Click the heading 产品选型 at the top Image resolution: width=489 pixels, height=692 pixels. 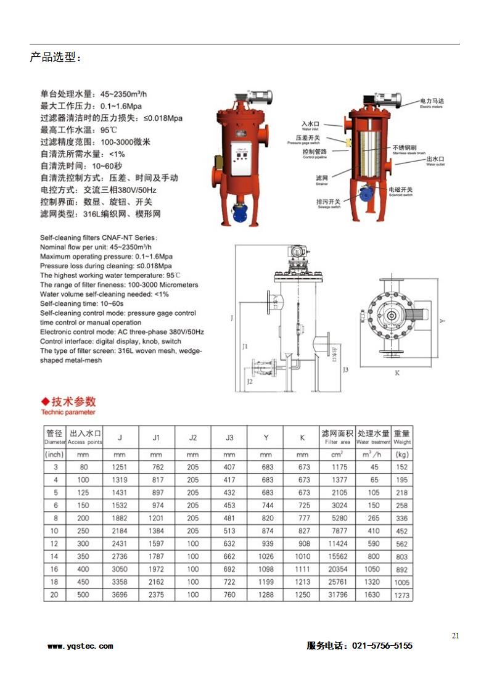coord(55,58)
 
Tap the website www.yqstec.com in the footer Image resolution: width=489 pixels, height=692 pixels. coord(80,646)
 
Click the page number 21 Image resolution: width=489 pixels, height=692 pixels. coord(455,635)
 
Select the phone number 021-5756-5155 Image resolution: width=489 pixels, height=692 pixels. coord(382,646)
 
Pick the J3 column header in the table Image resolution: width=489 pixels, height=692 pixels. coord(229,438)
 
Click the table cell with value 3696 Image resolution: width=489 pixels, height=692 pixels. coord(120,595)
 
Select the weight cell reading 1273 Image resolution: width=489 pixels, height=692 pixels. coord(401,596)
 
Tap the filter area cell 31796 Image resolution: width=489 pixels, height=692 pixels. coord(336,595)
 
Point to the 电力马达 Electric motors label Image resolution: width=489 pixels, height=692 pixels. coord(431,101)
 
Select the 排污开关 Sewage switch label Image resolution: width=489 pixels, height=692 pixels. coord(328,202)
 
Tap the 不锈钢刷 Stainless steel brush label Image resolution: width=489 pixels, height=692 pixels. coord(405,149)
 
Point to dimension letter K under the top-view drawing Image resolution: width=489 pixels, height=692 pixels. coord(397,373)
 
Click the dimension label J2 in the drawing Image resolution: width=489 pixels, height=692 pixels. coord(249,382)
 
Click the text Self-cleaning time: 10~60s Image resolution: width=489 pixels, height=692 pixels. coord(82,303)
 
